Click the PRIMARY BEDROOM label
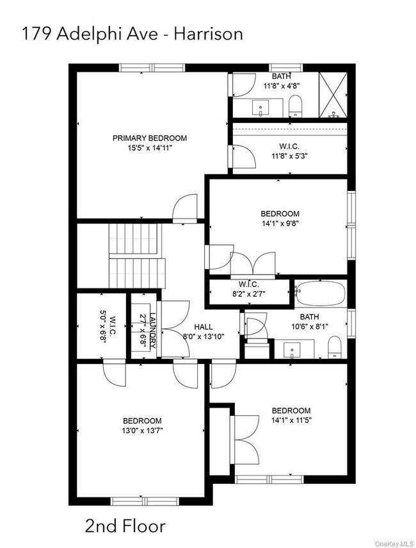tap(150, 138)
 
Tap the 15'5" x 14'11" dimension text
tap(150, 147)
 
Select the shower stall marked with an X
tap(332, 94)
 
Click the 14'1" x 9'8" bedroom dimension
tap(280, 224)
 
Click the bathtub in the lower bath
tap(319, 294)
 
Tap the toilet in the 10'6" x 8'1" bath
tap(334, 348)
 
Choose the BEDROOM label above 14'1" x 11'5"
tap(291, 411)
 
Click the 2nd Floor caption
tap(125, 526)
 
